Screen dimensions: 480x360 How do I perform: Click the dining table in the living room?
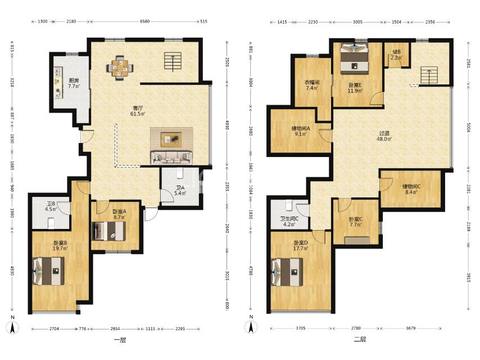point(120,67)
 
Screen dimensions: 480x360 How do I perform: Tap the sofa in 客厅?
point(171,157)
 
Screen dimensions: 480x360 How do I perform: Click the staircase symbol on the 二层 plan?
point(429,75)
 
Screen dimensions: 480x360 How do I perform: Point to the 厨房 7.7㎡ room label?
point(74,83)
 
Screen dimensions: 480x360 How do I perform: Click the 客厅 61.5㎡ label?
point(138,111)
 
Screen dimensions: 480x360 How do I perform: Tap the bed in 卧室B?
point(48,271)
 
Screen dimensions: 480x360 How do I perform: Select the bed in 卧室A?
point(108,231)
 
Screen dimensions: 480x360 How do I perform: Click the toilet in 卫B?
point(52,223)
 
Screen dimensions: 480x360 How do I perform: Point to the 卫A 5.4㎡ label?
point(180,190)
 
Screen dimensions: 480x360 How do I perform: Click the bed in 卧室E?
point(355,58)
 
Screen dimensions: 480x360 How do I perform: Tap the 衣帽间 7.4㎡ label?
point(311,85)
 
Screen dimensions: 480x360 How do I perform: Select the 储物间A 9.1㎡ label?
point(301,131)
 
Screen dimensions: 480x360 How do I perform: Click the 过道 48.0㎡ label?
point(384,136)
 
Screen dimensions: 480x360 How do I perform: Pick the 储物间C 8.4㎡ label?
point(411,189)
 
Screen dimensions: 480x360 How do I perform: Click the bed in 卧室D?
point(287,272)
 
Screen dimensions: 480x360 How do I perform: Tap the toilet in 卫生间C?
point(289,205)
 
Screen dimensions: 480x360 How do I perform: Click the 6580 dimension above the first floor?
point(145,21)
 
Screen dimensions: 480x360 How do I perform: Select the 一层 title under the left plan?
point(120,340)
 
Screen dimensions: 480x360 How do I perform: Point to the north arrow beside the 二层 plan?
point(251,327)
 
